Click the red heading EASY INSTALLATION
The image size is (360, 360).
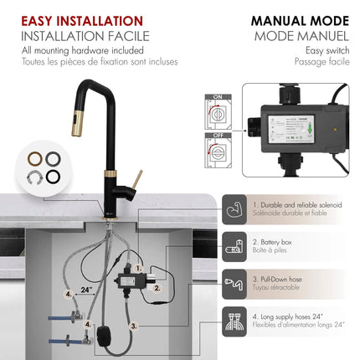(82, 21)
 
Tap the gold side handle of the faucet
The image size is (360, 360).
(135, 180)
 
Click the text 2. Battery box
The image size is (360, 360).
(278, 241)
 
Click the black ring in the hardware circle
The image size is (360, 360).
(52, 176)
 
